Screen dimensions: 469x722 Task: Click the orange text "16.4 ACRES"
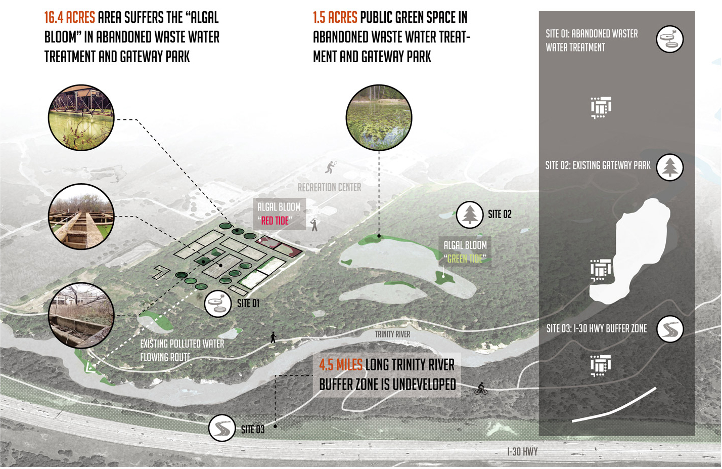(69, 18)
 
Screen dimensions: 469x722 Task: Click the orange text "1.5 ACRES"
(335, 18)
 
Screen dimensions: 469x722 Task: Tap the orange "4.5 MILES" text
(340, 365)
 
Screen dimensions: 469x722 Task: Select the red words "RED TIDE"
(275, 221)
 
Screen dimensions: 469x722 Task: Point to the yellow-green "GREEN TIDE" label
(465, 259)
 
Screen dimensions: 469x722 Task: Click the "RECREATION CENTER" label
(329, 188)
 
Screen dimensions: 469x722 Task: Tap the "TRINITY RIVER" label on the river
(392, 334)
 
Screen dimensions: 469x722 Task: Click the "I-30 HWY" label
(522, 452)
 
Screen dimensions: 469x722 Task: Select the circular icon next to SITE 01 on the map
(218, 304)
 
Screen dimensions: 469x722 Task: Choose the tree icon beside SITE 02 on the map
(469, 215)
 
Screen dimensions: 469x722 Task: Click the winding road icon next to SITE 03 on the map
(222, 428)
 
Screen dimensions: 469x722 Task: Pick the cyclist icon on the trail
(481, 389)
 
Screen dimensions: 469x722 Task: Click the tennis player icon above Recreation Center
(331, 166)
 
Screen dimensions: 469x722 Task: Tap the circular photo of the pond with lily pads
(379, 118)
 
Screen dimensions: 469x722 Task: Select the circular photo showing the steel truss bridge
(81, 118)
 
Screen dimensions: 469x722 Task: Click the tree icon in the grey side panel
(670, 167)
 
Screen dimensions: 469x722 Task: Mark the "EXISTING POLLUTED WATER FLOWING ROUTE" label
(182, 351)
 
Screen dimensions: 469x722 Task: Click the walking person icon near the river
(273, 337)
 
